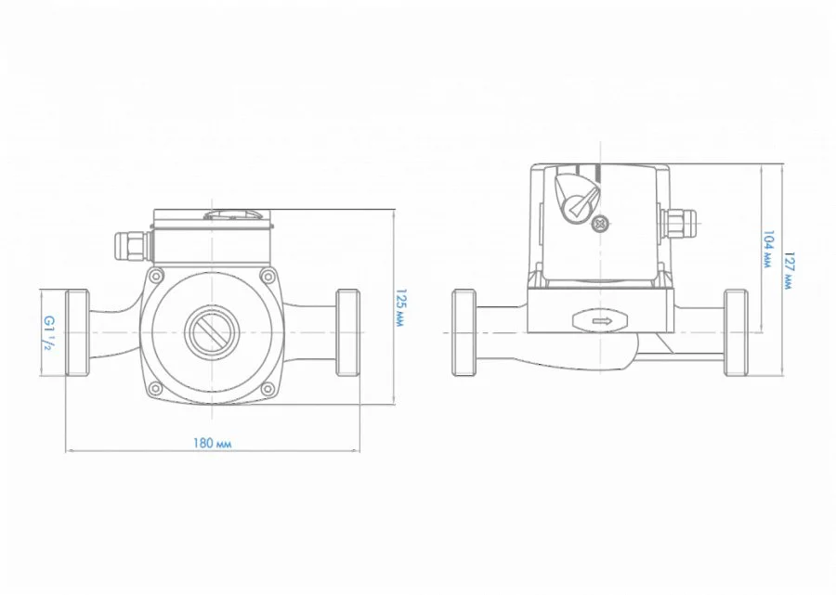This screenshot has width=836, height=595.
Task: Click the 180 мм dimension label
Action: tap(212, 443)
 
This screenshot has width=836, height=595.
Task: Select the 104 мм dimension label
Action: tap(768, 249)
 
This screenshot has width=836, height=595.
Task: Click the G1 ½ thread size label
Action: tap(48, 333)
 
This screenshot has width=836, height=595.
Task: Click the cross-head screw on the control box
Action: tap(601, 224)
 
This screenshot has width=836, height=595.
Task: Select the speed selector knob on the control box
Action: tap(576, 196)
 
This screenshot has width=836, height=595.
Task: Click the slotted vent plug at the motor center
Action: tap(211, 333)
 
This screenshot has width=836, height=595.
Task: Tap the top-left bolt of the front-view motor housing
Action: tap(155, 276)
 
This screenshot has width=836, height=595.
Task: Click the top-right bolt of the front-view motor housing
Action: tap(268, 276)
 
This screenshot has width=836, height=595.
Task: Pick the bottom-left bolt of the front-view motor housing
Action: tap(155, 388)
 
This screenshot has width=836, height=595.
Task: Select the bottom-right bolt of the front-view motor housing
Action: tap(268, 388)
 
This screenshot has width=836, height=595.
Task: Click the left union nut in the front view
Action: tap(77, 332)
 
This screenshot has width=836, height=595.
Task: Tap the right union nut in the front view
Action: tap(347, 332)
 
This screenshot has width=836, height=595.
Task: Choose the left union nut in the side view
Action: tap(464, 332)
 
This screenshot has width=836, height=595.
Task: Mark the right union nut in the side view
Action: tap(736, 332)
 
